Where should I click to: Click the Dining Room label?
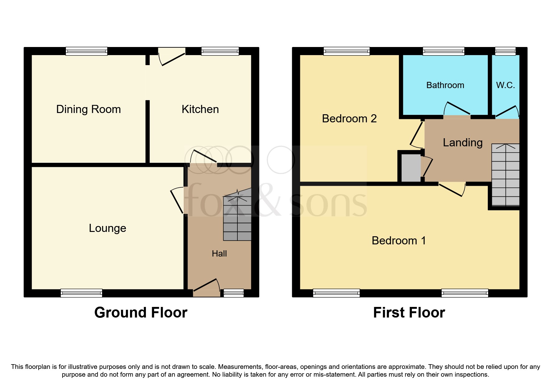[88, 109]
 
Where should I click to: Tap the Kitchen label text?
[200, 109]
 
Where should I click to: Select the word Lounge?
[107, 228]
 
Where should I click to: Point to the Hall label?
[219, 254]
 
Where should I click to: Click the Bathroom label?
[445, 85]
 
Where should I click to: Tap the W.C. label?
[505, 85]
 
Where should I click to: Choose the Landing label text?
[463, 143]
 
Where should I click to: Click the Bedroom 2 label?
[349, 119]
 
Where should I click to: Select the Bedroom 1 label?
[399, 241]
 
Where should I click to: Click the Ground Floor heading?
[141, 313]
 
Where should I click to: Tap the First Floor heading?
[409, 313]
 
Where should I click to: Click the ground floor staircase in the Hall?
[237, 218]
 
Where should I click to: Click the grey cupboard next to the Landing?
[411, 168]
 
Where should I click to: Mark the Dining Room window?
[86, 51]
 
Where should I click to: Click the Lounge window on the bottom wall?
[81, 293]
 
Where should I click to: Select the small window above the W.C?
[505, 51]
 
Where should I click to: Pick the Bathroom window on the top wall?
[443, 51]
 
